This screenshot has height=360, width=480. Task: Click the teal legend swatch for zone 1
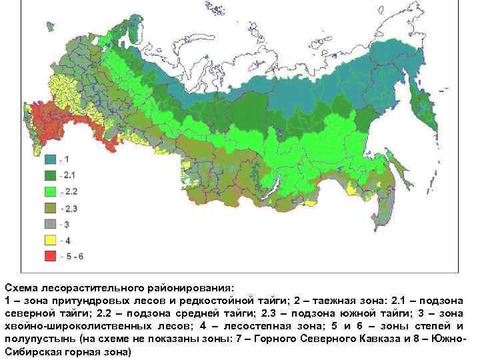click(x=51, y=160)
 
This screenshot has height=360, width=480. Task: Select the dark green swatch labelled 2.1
click(x=51, y=176)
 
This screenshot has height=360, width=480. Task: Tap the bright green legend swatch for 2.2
click(x=51, y=192)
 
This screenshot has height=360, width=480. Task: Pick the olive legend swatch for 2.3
click(x=51, y=208)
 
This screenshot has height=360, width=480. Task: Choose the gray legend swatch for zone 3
click(x=51, y=224)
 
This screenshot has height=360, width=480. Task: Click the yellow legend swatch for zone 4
click(x=51, y=240)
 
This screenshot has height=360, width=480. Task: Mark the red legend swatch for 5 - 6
click(x=51, y=256)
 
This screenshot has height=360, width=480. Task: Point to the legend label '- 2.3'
click(x=68, y=208)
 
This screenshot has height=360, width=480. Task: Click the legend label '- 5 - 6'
click(x=71, y=256)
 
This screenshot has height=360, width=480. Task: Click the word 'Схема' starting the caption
click(x=21, y=288)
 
